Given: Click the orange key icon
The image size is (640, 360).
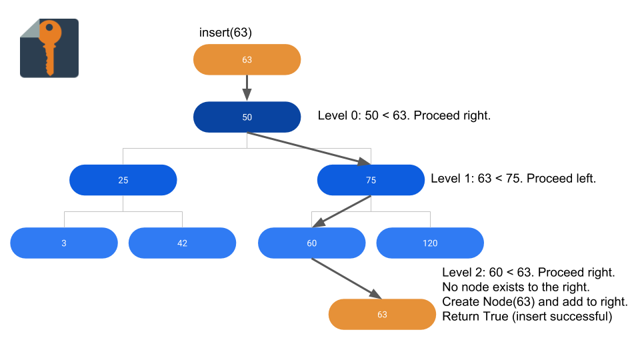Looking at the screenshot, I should [49, 48].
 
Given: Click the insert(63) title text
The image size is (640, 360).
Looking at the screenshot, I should [225, 33].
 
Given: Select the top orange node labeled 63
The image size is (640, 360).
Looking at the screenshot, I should [247, 59].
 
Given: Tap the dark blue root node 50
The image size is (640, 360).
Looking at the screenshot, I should [247, 117].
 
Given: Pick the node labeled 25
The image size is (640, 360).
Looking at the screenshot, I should [123, 180].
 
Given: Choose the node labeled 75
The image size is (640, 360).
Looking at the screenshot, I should [371, 180].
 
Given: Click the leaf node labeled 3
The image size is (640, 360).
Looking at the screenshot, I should [64, 243].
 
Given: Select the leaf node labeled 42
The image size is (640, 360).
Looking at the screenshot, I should [182, 243].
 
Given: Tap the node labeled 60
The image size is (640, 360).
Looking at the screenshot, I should [311, 243].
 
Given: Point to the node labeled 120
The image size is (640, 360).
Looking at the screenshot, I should [430, 243].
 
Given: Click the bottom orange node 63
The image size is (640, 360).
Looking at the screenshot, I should [382, 314].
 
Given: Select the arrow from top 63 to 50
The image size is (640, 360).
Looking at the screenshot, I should [247, 87].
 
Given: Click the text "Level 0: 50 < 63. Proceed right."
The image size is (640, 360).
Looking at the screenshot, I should [404, 116].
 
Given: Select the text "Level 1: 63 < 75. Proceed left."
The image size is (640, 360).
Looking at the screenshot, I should [513, 179].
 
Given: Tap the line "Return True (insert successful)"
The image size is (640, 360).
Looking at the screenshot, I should [527, 316].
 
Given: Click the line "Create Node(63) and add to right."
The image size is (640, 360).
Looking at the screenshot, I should [535, 301].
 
